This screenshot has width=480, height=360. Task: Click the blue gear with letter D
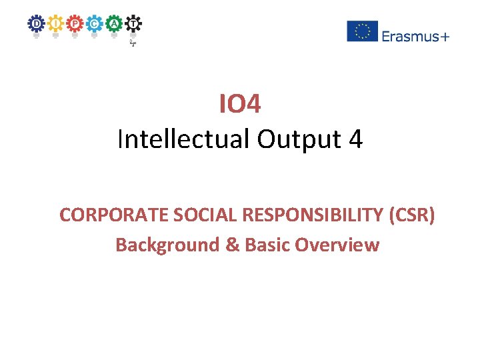(35, 23)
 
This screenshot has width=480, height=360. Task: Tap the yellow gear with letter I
(55, 23)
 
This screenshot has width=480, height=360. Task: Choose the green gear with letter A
(115, 23)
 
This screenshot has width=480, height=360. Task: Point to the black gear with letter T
(134, 23)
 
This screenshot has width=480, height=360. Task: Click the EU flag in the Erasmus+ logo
(362, 31)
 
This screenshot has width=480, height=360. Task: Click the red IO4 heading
(240, 103)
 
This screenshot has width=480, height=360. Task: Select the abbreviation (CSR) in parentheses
(411, 215)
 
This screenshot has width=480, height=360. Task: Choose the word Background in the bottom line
(167, 245)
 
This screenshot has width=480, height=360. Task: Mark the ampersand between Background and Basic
(232, 245)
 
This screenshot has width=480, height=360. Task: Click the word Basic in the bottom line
(267, 245)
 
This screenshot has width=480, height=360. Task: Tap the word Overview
(337, 245)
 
